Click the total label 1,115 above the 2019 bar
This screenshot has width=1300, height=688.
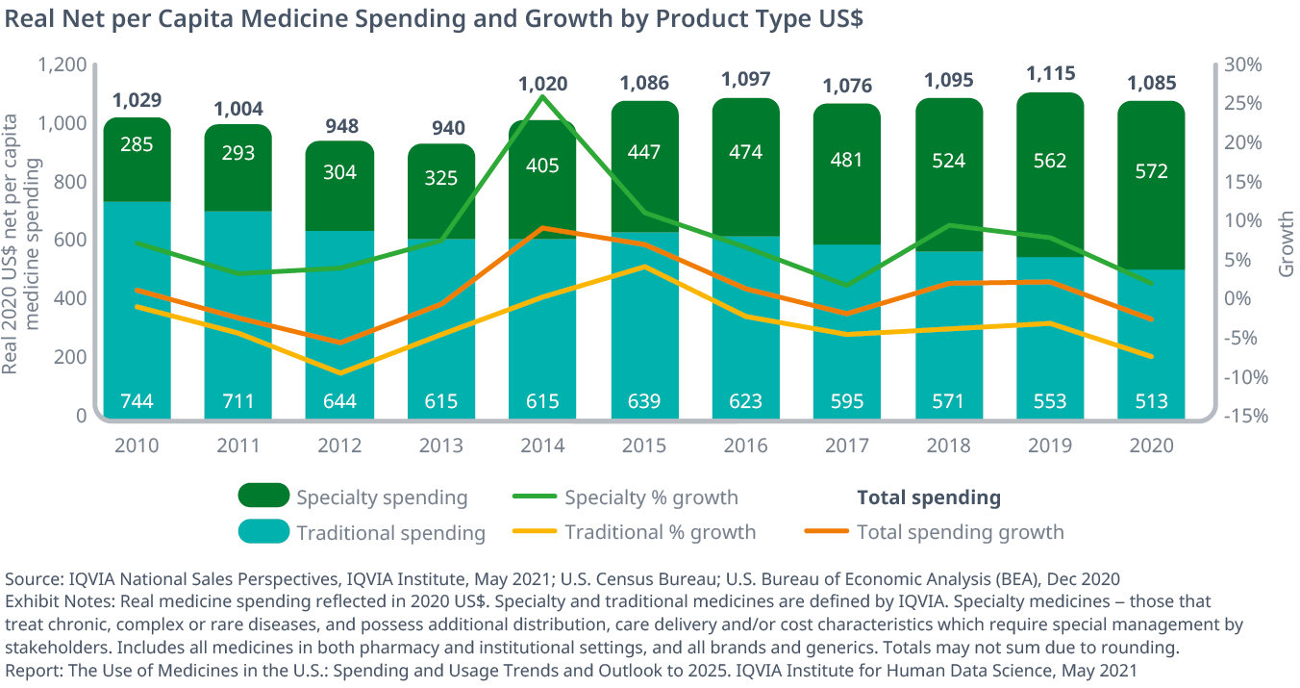pyautogui.click(x=1049, y=73)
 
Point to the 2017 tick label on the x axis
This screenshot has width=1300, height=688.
pyautogui.click(x=847, y=446)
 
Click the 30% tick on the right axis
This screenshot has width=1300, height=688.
pyautogui.click(x=1242, y=64)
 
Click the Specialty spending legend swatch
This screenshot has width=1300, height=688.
pyautogui.click(x=263, y=496)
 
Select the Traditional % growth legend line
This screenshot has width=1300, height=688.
pyautogui.click(x=535, y=531)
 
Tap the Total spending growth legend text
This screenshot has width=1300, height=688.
pyautogui.click(x=960, y=532)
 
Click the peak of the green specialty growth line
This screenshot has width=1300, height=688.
pyautogui.click(x=543, y=96)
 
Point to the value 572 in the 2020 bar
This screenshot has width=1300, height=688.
pyautogui.click(x=1150, y=171)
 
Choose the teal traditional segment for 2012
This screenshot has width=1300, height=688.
pyautogui.click(x=340, y=318)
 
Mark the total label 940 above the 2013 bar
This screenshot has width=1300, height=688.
pyautogui.click(x=441, y=128)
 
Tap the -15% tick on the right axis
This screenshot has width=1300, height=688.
pyautogui.click(x=1242, y=416)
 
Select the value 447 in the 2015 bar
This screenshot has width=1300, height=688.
pyautogui.click(x=644, y=152)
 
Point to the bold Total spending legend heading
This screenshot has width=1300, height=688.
pyautogui.click(x=928, y=497)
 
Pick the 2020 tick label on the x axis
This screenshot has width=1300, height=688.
pyautogui.click(x=1150, y=446)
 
